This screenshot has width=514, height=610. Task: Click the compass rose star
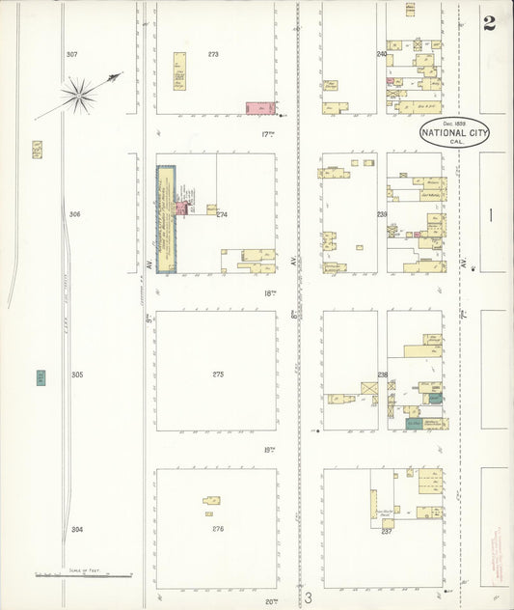tap(76, 95)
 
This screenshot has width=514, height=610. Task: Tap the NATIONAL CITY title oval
tap(454, 132)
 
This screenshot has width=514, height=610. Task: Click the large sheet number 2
tap(490, 23)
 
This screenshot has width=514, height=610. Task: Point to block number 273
tap(213, 54)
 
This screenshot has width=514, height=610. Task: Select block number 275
tap(218, 374)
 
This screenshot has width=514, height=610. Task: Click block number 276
tap(218, 529)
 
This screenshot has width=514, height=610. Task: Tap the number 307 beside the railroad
tap(71, 54)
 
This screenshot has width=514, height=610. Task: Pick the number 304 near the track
tap(77, 529)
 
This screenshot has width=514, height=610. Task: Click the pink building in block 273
tap(258, 108)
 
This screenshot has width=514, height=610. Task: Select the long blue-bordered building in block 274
tap(166, 219)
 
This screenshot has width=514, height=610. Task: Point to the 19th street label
tap(270, 450)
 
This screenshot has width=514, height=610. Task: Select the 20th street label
tap(271, 600)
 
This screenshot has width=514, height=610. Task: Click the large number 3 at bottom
tap(309, 598)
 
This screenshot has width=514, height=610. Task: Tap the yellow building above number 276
tap(211, 500)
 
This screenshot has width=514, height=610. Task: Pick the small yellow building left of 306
tap(37, 150)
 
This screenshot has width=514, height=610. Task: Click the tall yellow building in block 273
tap(179, 71)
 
